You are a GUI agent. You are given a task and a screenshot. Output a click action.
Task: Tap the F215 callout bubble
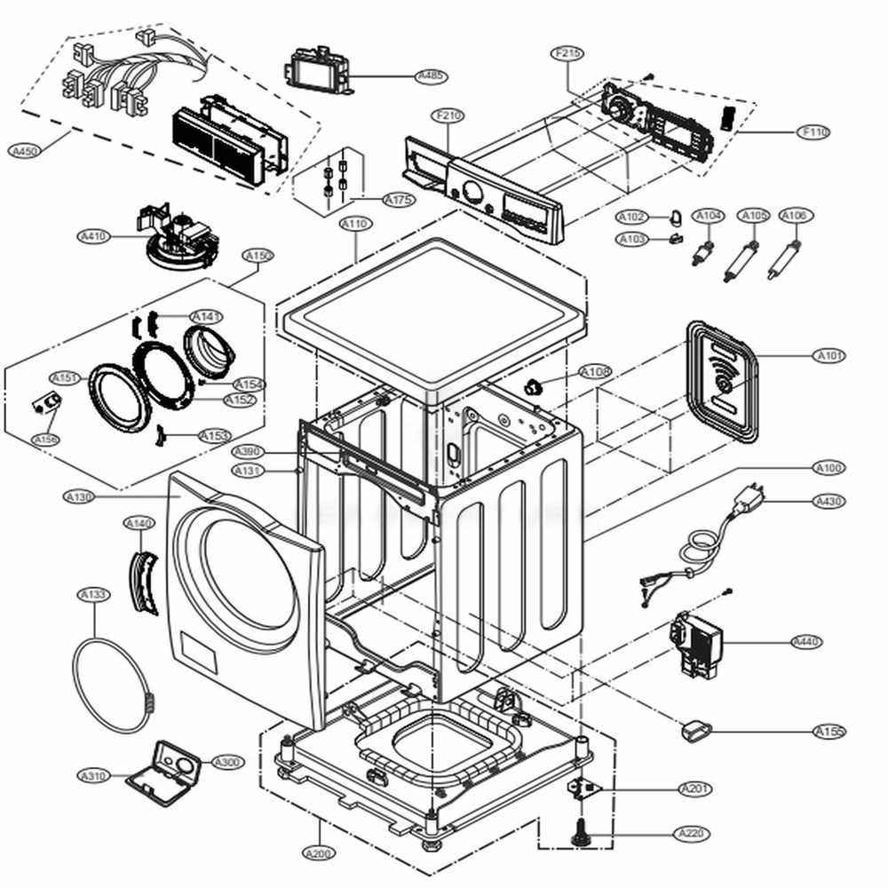coord(568,53)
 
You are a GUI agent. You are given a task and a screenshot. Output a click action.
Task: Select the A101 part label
coord(831,356)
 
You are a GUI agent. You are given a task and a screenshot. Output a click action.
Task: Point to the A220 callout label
coord(692,833)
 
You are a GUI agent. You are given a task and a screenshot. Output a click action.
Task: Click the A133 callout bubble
coord(93,594)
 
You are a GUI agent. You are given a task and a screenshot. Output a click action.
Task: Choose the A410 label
coord(93,236)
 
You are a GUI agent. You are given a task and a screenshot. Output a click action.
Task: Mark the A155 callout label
coord(829,732)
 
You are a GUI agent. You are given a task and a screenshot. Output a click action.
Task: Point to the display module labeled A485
coord(315,69)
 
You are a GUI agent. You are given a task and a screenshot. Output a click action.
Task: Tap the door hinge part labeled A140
coord(144,583)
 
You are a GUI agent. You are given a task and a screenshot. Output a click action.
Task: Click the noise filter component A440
coord(697,641)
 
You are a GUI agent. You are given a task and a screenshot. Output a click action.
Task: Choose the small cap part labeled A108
coord(535,386)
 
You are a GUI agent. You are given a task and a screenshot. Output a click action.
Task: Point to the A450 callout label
coord(26,151)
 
